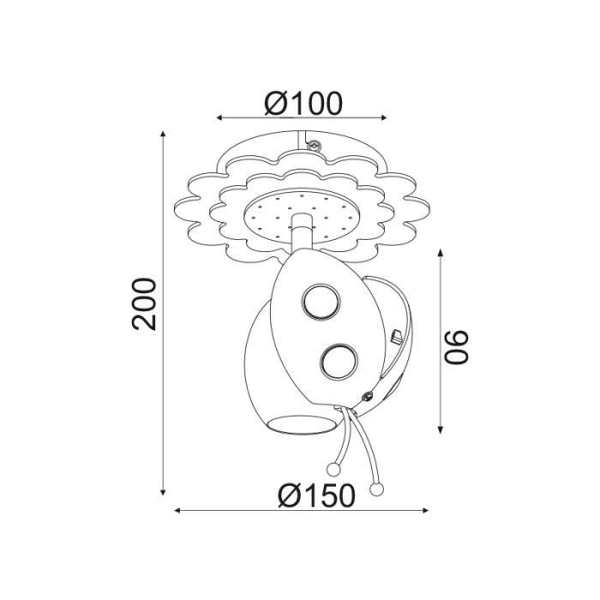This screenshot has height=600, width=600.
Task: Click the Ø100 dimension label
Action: [303, 103]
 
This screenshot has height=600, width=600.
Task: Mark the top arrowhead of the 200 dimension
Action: [163, 135]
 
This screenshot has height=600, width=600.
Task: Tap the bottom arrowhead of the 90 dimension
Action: [441, 429]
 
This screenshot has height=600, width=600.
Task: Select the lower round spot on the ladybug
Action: [338, 362]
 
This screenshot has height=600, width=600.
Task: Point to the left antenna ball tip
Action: [333, 468]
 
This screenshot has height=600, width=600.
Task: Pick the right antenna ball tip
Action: [375, 489]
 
